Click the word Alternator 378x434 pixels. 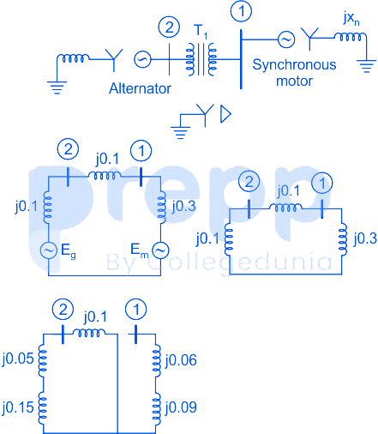[x=140, y=88]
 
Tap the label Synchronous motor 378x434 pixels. [x=294, y=73]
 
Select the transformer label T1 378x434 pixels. [x=201, y=31]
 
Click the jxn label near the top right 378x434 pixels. [x=351, y=19]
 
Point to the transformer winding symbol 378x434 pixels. [x=201, y=59]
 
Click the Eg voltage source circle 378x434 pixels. [x=49, y=250]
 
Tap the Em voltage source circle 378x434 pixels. [x=160, y=250]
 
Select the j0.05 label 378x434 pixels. [x=18, y=359]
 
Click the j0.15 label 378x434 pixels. [x=18, y=407]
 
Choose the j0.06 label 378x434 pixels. [x=181, y=360]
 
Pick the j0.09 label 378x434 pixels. [x=181, y=407]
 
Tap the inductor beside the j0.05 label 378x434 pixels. [x=43, y=361]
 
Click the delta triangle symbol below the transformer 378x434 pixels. [x=225, y=114]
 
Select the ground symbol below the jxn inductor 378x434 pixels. [x=366, y=66]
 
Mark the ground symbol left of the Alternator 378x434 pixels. [x=57, y=87]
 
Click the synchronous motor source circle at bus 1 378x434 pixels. [x=286, y=39]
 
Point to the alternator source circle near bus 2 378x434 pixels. [x=142, y=59]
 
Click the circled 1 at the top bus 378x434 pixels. [x=242, y=11]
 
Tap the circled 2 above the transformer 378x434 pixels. [x=169, y=27]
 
